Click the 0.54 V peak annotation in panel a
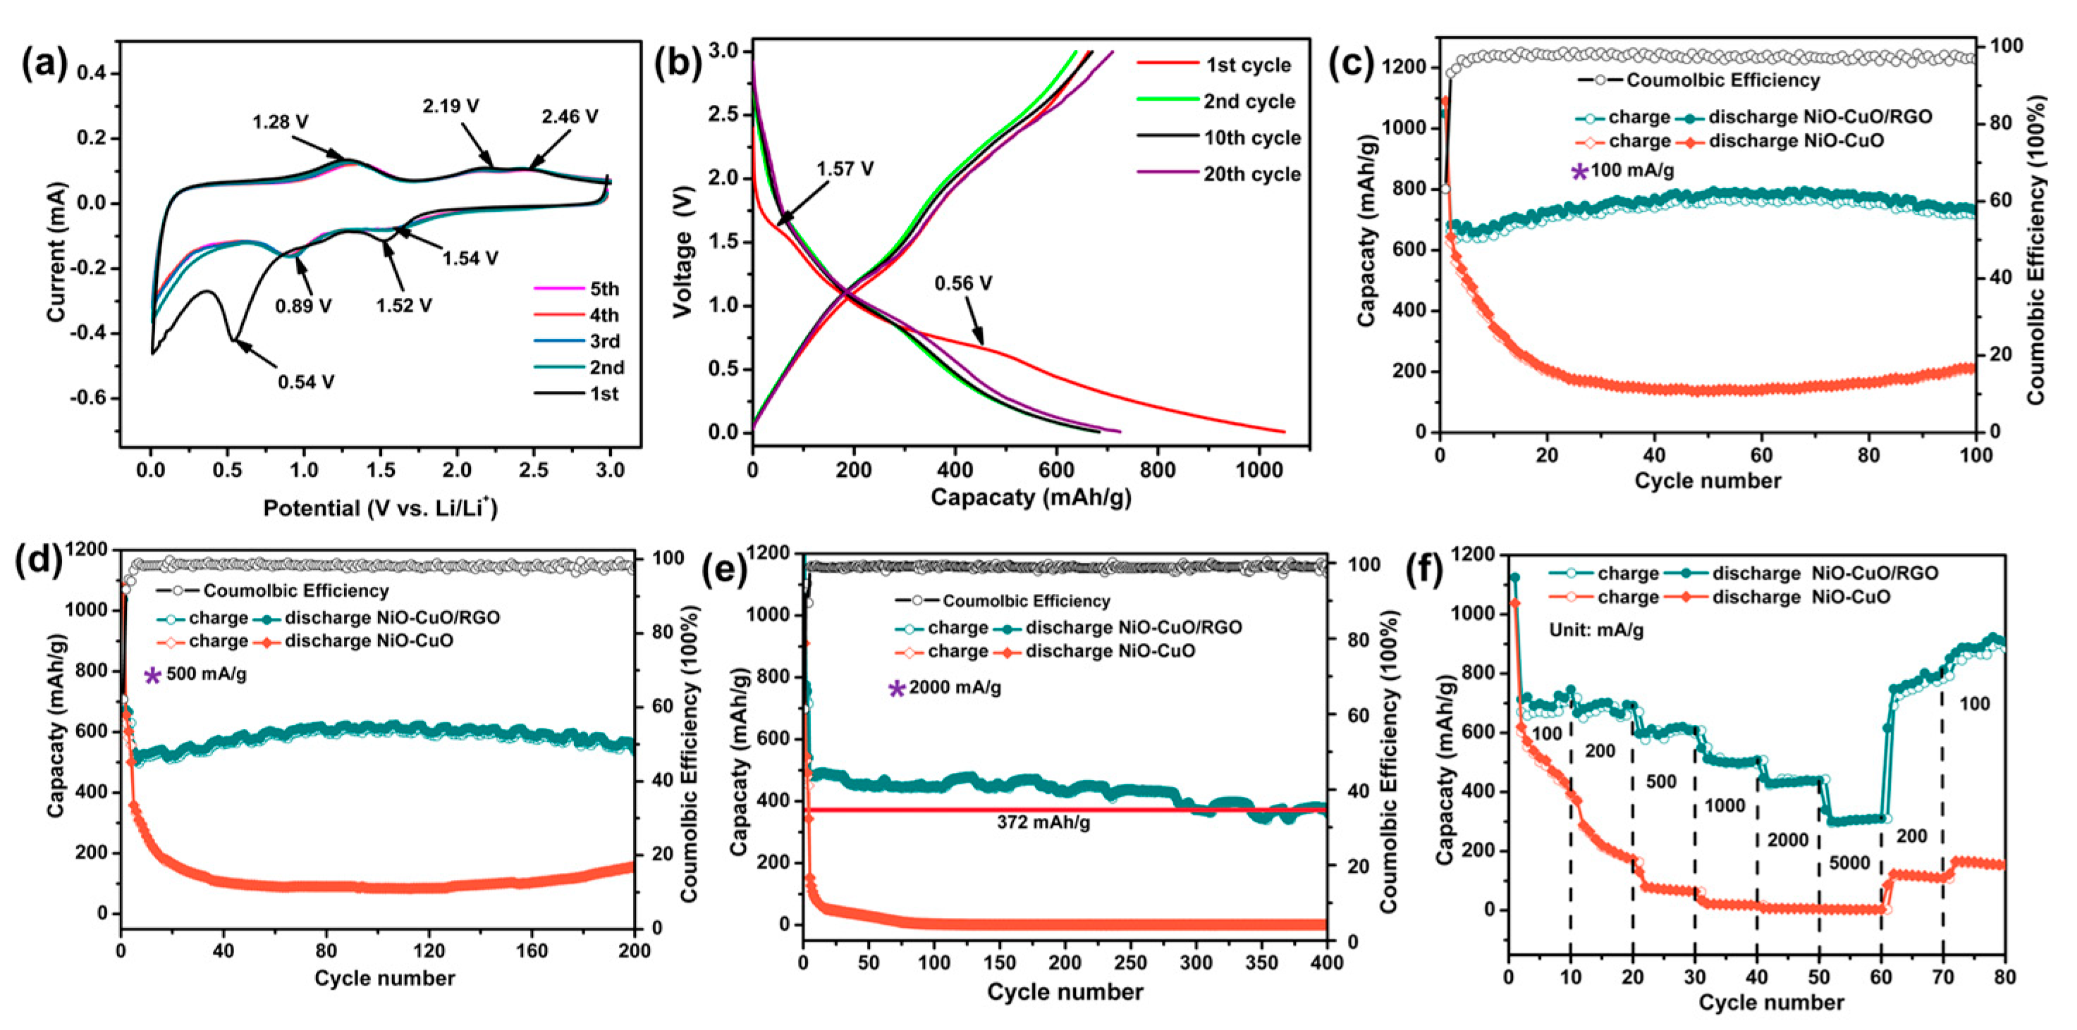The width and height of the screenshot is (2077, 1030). click(x=305, y=382)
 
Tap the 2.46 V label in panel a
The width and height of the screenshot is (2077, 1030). click(x=569, y=117)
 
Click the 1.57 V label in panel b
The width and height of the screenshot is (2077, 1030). click(x=844, y=169)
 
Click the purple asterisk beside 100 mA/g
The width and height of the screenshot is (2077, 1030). click(x=1579, y=171)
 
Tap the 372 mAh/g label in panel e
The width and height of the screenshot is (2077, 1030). click(x=1043, y=823)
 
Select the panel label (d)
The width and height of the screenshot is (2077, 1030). click(x=38, y=561)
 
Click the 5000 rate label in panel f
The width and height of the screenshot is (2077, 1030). click(x=1849, y=863)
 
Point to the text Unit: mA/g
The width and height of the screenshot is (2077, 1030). click(x=1595, y=631)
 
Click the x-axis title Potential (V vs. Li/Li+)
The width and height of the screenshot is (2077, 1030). click(x=380, y=509)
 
